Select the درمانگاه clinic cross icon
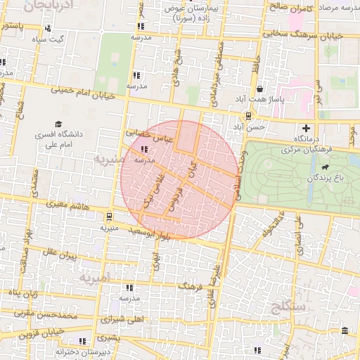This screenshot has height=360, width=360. click(x=306, y=128)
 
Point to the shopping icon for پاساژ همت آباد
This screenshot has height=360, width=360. click(x=260, y=89)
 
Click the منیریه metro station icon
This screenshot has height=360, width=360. click(x=109, y=216)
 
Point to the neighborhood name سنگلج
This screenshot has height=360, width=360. click(x=292, y=307)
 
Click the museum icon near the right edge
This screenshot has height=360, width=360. click(x=344, y=331)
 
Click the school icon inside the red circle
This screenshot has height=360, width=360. click(x=145, y=149)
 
